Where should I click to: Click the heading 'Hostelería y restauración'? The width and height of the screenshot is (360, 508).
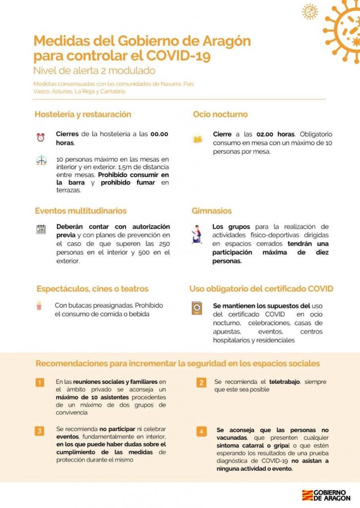pyautogui.click(x=83, y=115)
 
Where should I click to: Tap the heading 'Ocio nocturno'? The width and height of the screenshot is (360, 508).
pyautogui.click(x=220, y=115)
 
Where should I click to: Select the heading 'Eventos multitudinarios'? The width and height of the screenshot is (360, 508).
pyautogui.click(x=80, y=211)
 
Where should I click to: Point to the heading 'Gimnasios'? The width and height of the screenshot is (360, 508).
pyautogui.click(x=212, y=211)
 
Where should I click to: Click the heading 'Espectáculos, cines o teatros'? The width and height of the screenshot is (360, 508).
pyautogui.click(x=92, y=289)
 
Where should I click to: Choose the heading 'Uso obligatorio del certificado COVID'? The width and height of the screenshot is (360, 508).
pyautogui.click(x=261, y=289)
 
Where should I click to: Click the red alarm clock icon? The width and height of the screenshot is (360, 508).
pyautogui.click(x=41, y=137)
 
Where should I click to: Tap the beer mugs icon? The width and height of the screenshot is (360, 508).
pyautogui.click(x=198, y=139)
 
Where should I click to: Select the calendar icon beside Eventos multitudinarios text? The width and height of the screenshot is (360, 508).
pyautogui.click(x=41, y=229)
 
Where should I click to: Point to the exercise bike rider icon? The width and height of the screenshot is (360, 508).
pyautogui.click(x=197, y=235)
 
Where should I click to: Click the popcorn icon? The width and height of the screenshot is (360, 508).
pyautogui.click(x=39, y=306)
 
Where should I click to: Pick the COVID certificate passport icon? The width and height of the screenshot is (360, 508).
pyautogui.click(x=197, y=309)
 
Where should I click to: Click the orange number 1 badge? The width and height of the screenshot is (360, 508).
pyautogui.click(x=40, y=382)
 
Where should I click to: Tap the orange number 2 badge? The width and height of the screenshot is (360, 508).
pyautogui.click(x=201, y=382)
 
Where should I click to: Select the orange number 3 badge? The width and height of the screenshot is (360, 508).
pyautogui.click(x=40, y=431)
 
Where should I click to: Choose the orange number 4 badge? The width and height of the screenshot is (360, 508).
pyautogui.click(x=201, y=431)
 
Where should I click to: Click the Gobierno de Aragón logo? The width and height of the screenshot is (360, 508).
pyautogui.click(x=326, y=495)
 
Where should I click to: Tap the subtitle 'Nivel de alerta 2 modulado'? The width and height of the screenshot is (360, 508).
pyautogui.click(x=94, y=70)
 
